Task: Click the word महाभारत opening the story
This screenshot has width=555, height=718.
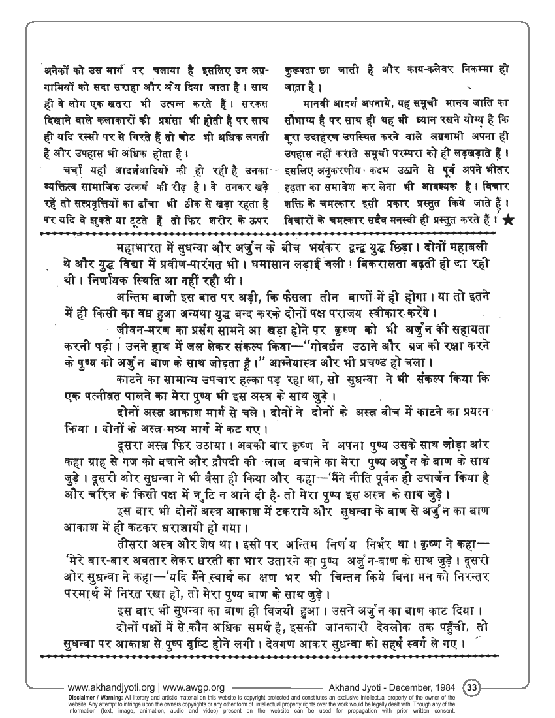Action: point(141,248)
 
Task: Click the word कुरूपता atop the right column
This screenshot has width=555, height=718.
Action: point(304,69)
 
